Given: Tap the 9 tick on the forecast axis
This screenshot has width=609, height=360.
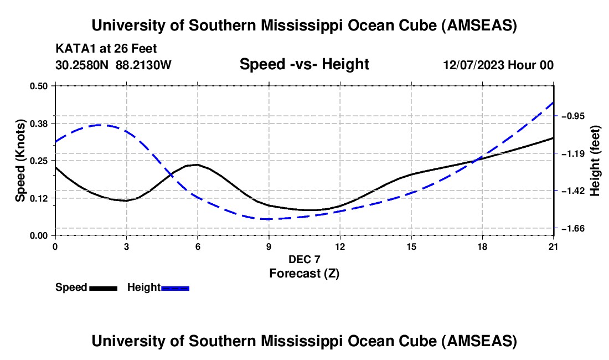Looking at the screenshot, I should pyautogui.click(x=269, y=246).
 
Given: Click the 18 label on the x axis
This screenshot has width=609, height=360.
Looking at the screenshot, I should pyautogui.click(x=482, y=246).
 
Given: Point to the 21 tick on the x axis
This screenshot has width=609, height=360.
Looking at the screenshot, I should pyautogui.click(x=554, y=246).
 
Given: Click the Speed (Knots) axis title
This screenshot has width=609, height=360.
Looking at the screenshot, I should pyautogui.click(x=20, y=161).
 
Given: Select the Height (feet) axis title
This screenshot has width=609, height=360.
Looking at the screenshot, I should pyautogui.click(x=596, y=161).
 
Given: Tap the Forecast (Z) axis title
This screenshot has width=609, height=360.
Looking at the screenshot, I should pyautogui.click(x=304, y=273).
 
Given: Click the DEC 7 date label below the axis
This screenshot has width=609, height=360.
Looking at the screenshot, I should pyautogui.click(x=304, y=259).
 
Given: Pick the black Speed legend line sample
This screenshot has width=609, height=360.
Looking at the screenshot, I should pyautogui.click(x=103, y=288).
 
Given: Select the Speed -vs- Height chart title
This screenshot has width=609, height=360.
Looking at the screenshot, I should pyautogui.click(x=304, y=64).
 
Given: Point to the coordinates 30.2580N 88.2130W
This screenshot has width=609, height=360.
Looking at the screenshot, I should pyautogui.click(x=113, y=65).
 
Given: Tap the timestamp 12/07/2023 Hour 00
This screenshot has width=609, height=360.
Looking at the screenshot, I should pyautogui.click(x=498, y=65).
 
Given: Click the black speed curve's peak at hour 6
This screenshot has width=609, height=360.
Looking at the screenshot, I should pyautogui.click(x=197, y=164).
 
